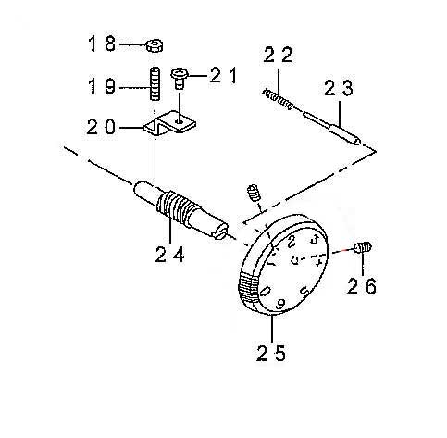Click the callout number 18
[102, 44]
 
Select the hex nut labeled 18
[155, 45]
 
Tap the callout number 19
[102, 85]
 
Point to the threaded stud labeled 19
[155, 83]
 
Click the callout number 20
[101, 127]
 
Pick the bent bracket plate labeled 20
[170, 124]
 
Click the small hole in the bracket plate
[179, 121]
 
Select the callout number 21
[224, 75]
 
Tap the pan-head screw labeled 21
[179, 78]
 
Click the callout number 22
[278, 55]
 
